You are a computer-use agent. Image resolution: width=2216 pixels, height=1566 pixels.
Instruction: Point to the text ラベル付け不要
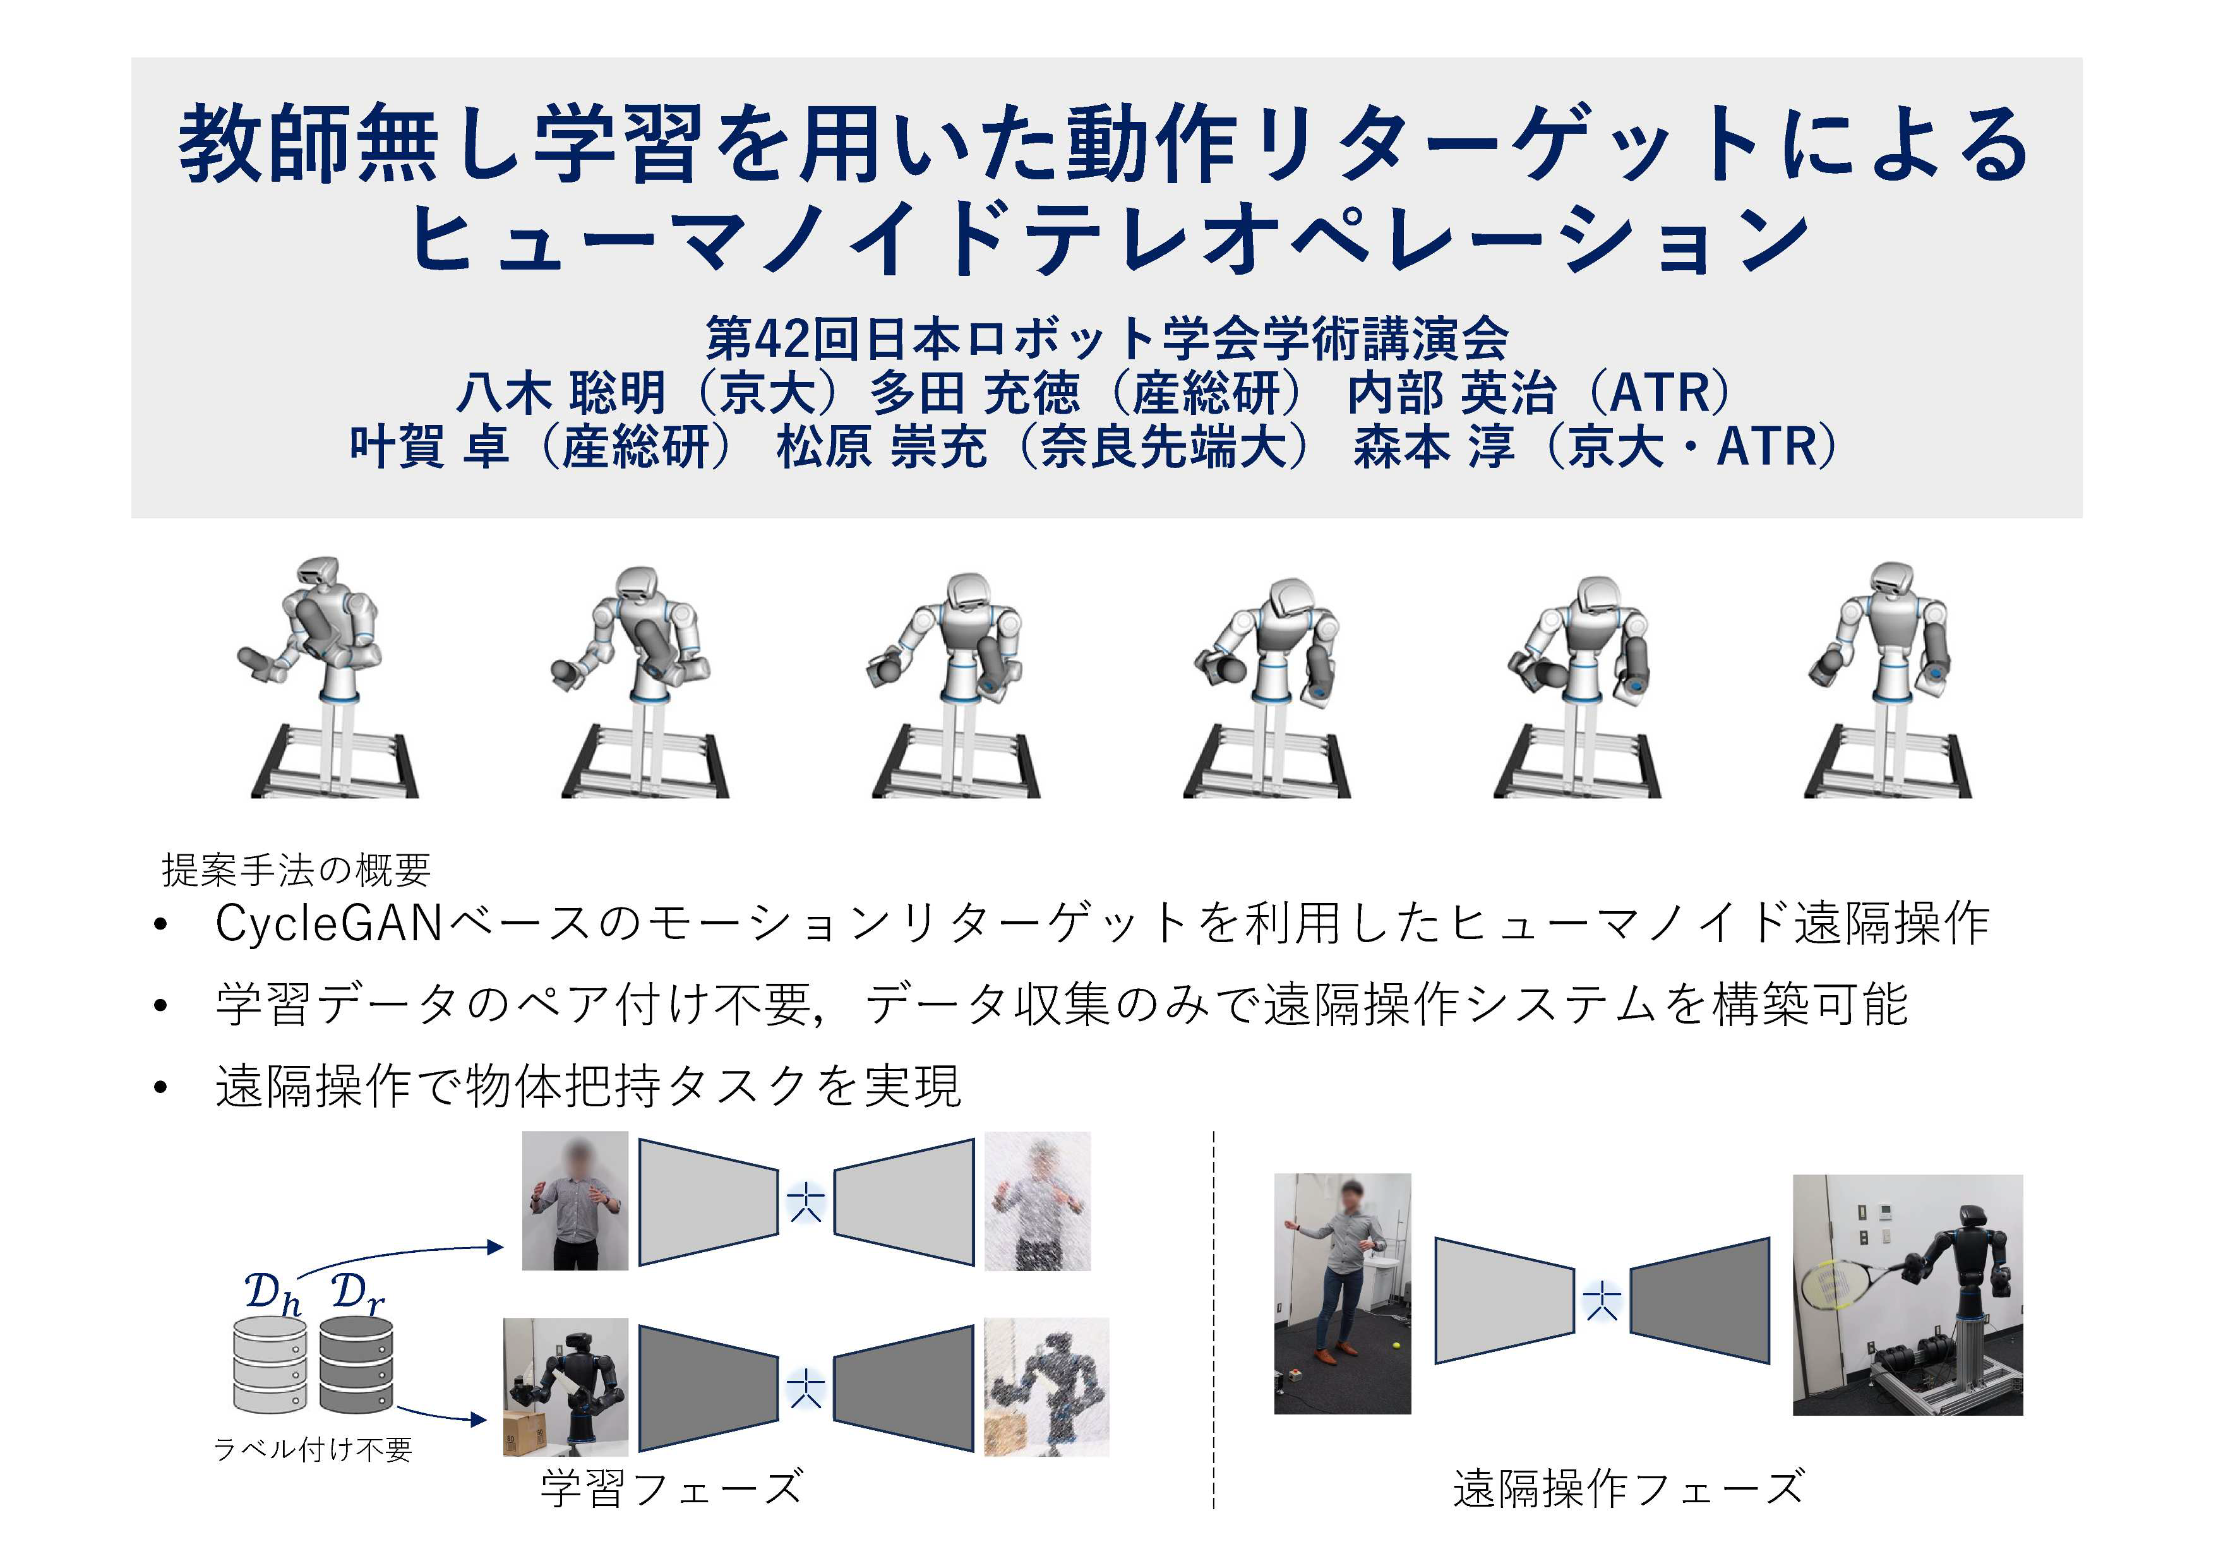313,1449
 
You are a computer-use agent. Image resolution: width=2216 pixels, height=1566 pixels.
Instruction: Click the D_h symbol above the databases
273,1294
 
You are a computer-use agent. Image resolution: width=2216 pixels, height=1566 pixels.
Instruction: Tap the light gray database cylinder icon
270,1365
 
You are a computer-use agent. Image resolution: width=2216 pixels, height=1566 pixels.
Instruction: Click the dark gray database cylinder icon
356,1365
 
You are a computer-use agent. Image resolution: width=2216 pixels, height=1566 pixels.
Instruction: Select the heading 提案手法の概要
296,870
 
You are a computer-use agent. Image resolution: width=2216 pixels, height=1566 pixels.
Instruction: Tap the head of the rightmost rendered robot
1891,583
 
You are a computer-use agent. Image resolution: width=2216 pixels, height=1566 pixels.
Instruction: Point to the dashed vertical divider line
1213,1320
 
